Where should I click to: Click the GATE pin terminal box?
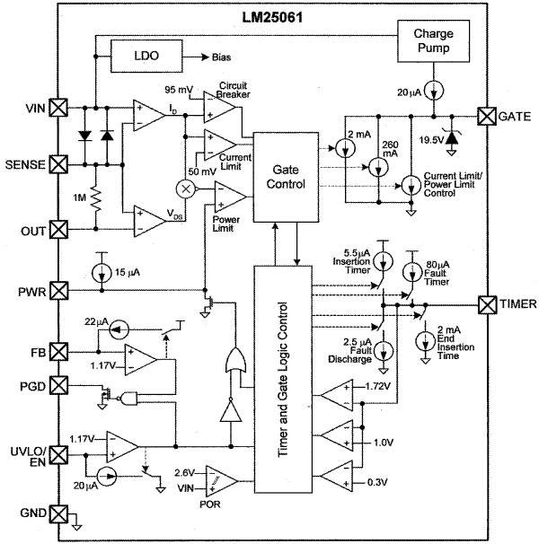(x=486, y=116)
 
